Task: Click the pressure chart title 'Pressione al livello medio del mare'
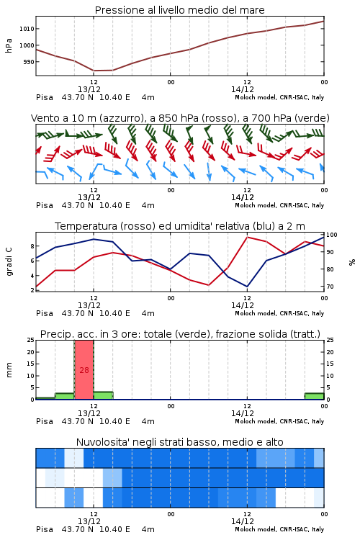(x=179, y=10)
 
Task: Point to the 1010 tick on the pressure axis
(x=27, y=29)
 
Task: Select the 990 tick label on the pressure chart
(x=28, y=62)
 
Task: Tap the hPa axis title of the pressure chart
(x=9, y=45)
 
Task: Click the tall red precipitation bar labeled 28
(x=84, y=370)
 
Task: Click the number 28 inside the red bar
(x=84, y=370)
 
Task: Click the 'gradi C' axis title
(x=9, y=262)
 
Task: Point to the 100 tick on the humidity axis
(x=332, y=235)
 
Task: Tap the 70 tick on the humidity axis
(x=330, y=287)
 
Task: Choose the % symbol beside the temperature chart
(x=352, y=262)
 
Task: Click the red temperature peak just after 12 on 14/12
(x=248, y=237)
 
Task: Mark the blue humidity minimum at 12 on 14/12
(x=247, y=286)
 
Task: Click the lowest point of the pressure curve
(x=94, y=71)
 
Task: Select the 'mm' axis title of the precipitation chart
(x=9, y=370)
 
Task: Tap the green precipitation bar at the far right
(x=314, y=396)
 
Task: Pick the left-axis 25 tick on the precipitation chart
(x=31, y=340)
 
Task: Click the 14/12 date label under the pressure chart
(x=243, y=89)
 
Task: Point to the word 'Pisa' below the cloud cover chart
(x=45, y=529)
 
